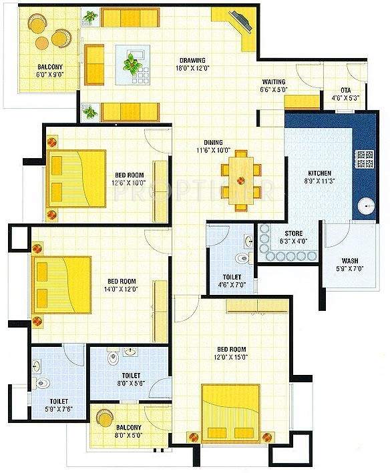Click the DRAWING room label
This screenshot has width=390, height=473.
[192, 60]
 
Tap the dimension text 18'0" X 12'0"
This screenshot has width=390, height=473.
[192, 68]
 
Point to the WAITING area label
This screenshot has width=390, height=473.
[274, 82]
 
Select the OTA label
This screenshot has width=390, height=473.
[345, 90]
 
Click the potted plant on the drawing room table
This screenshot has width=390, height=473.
[134, 62]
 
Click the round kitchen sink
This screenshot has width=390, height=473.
[365, 207]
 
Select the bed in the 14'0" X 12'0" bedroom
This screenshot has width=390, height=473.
[61, 286]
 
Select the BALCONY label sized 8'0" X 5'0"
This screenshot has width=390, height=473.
[127, 431]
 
